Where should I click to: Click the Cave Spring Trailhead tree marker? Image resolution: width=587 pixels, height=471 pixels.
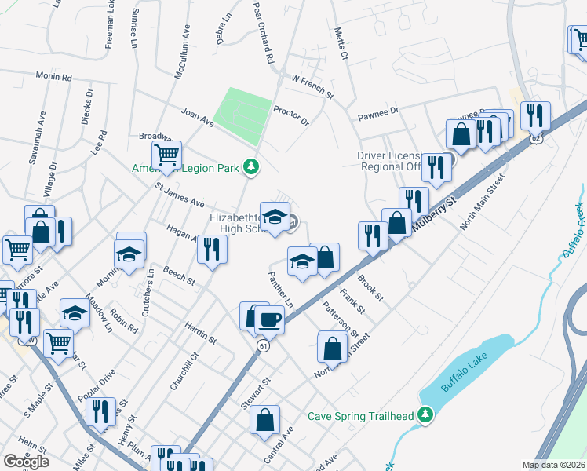click(x=425, y=414)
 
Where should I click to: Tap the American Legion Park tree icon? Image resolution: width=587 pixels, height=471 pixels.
click(x=251, y=166)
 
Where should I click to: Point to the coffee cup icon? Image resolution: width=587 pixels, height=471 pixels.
click(x=270, y=319)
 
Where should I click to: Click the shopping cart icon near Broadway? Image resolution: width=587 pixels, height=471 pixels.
click(x=166, y=155)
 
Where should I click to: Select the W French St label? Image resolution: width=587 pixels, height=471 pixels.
click(x=312, y=87)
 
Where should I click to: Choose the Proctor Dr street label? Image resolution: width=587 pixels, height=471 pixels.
click(x=291, y=117)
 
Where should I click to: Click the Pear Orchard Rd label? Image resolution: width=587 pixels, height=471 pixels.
click(x=263, y=31)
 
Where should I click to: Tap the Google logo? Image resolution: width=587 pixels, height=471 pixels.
click(x=26, y=462)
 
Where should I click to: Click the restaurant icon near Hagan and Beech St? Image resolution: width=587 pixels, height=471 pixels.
click(x=212, y=249)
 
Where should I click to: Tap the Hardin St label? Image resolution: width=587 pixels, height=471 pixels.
click(x=200, y=332)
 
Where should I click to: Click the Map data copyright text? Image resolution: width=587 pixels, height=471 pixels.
click(x=555, y=465)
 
